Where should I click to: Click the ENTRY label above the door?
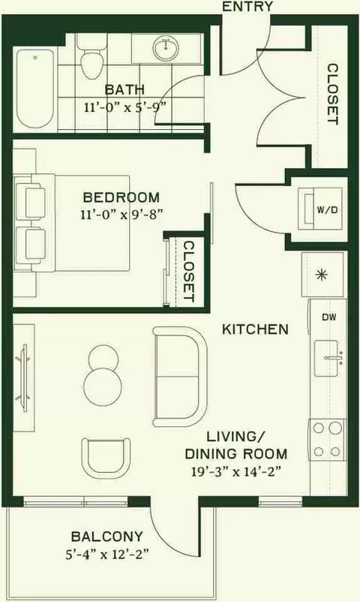[x=247, y=6]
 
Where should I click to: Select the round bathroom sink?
[x=166, y=49]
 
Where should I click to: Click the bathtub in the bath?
[x=35, y=90]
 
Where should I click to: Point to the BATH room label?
[x=124, y=90]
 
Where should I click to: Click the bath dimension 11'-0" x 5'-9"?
[x=124, y=107]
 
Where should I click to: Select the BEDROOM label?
[x=121, y=197]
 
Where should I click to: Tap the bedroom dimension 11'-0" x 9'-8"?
[x=121, y=214]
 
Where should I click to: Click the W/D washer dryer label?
[x=327, y=210]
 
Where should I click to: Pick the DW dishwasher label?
[x=329, y=317]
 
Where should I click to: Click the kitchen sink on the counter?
[x=326, y=359]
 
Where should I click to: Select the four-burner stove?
[x=328, y=440]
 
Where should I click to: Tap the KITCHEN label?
[x=255, y=329]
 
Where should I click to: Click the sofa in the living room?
[x=181, y=377]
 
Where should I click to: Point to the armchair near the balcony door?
[x=106, y=458]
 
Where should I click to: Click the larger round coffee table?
[x=103, y=387]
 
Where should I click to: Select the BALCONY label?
[x=107, y=536]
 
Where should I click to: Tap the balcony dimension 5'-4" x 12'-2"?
[x=107, y=555]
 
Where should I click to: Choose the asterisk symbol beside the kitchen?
[x=321, y=275]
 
